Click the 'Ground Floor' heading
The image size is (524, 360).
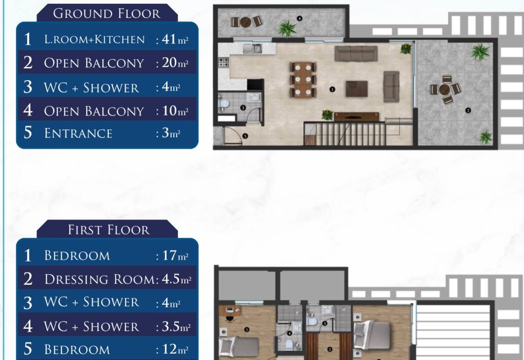(107, 13)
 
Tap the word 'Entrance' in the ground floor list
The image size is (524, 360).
(78, 133)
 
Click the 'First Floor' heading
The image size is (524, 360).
(109, 230)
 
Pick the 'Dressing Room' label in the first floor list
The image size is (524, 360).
(99, 279)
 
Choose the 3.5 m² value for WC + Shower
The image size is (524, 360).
(176, 326)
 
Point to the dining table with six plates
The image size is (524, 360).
(303, 79)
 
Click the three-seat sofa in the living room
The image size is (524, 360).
(356, 54)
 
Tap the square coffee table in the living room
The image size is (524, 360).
(357, 89)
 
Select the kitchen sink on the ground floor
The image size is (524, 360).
(252, 49)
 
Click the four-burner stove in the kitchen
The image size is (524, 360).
(224, 62)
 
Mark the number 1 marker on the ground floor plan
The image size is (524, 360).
(332, 89)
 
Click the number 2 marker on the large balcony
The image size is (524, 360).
(468, 110)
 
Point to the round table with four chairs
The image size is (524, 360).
(445, 89)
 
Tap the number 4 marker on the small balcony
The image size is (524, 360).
(299, 18)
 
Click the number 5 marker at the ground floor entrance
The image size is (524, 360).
(245, 136)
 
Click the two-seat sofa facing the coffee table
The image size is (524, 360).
(392, 86)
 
